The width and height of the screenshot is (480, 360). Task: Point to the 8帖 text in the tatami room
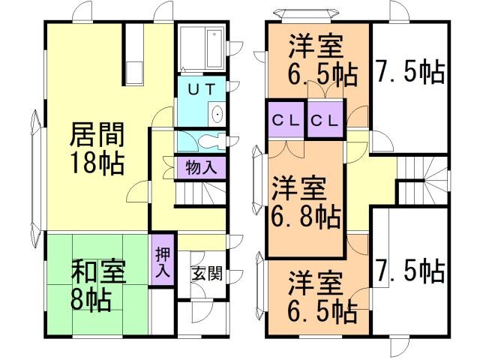pos(91,298)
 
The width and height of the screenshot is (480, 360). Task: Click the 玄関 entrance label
pos(206,273)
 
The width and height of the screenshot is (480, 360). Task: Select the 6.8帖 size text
pos(305,217)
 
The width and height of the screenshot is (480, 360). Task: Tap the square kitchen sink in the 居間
pos(135,72)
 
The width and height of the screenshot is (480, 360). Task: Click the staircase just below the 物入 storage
pos(201,194)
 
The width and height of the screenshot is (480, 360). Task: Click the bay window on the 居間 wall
pos(35,169)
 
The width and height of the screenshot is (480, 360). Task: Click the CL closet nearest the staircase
pos(325,120)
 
